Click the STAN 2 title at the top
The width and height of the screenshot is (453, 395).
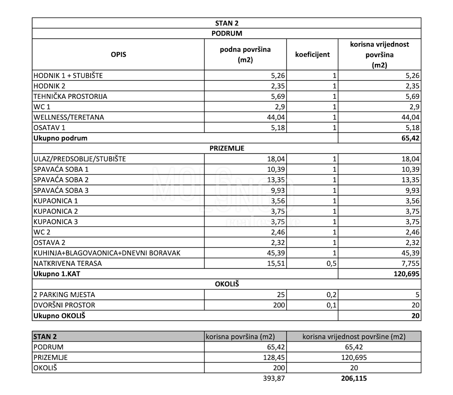[226, 23]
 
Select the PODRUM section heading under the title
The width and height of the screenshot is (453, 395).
[226, 33]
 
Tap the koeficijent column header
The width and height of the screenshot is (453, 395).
[312, 54]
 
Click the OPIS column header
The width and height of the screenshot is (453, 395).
[118, 54]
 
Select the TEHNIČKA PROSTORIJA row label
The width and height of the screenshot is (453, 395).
[70, 96]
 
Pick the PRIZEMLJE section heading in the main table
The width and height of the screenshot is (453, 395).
[226, 149]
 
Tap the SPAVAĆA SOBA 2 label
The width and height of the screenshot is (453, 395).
[61, 180]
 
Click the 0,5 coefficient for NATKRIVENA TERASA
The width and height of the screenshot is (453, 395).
[331, 263]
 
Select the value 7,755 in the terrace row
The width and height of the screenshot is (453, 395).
[410, 263]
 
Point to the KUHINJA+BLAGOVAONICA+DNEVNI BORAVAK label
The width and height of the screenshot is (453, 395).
[107, 253]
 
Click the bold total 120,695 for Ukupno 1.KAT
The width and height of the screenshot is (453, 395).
[407, 274]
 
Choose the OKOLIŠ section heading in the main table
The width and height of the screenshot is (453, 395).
[226, 284]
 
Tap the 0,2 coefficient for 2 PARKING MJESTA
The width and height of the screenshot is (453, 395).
[331, 295]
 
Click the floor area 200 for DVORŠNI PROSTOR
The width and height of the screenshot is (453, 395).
[279, 305]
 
